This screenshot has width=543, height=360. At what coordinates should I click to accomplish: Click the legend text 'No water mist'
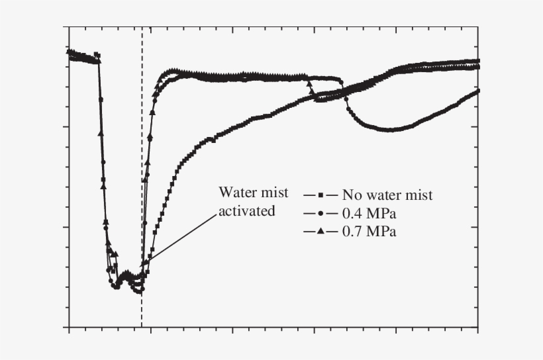pos(387,195)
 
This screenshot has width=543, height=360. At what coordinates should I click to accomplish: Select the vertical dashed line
pos(142,165)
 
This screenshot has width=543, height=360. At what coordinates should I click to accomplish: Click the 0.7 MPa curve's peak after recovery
pos(173,70)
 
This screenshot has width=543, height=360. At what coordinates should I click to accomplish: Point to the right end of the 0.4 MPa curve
pos(477,90)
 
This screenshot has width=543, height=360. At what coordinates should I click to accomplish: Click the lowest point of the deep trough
pos(138,292)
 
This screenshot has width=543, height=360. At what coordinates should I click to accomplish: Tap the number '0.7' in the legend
pos(352,232)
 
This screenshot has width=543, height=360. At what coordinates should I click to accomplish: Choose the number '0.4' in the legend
pos(352,214)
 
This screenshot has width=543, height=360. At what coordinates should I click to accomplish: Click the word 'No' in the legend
pos(351,195)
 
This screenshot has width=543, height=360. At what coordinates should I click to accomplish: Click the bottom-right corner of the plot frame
pos(478,327)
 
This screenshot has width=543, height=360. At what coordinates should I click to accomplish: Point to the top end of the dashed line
pos(142,28)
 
